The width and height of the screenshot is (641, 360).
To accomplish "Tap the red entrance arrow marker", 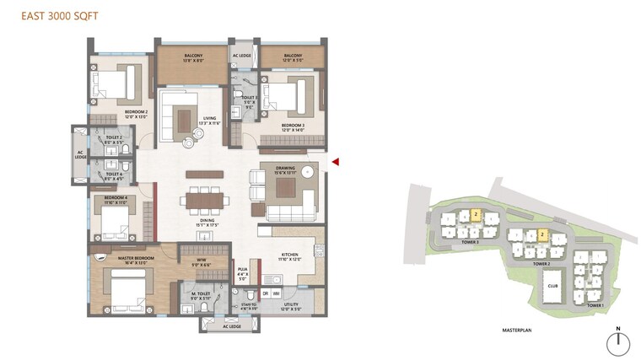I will (335, 161).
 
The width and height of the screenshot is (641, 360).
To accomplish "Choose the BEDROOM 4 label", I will (110, 199).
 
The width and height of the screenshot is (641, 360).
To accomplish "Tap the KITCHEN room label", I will (289, 255).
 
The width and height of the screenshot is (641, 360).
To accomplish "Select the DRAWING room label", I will (284, 169).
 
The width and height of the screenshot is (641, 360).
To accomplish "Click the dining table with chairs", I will (206, 201).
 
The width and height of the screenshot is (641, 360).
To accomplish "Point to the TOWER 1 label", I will (595, 305).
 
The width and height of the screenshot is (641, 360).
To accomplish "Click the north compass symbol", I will (619, 341).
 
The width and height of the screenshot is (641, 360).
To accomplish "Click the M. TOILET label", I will (199, 295).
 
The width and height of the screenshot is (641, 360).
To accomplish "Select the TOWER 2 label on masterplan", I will (542, 263).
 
